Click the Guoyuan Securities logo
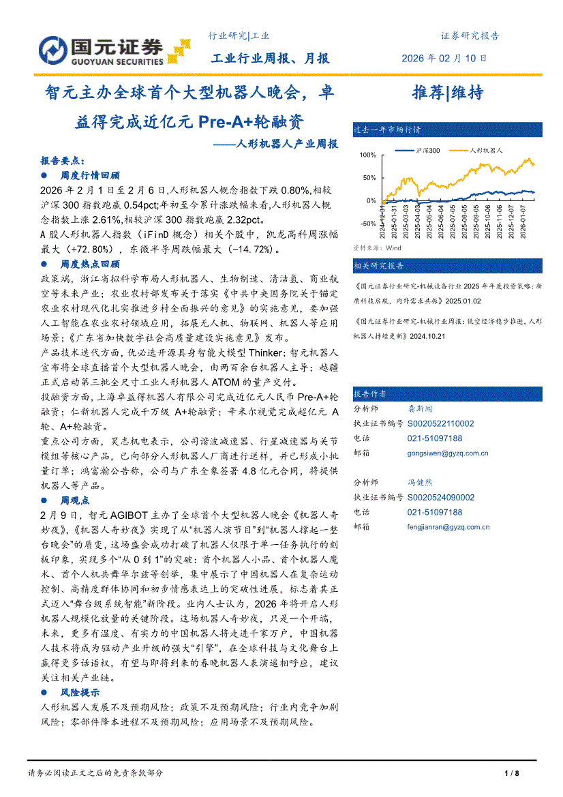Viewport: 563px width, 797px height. click(x=110, y=50)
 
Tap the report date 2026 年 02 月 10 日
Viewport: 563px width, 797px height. click(x=444, y=58)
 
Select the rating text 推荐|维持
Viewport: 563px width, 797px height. click(x=448, y=93)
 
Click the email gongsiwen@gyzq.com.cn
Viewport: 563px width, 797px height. click(x=448, y=453)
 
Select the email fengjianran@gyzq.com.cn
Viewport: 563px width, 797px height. click(x=448, y=527)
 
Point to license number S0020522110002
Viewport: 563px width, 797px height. click(x=441, y=423)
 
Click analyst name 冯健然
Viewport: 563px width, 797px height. click(x=421, y=483)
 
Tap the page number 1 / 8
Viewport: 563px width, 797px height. click(x=512, y=773)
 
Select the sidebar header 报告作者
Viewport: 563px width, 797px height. click(x=370, y=394)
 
